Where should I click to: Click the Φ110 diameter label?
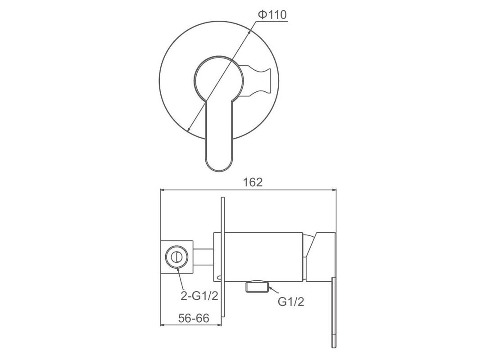(x=272, y=15)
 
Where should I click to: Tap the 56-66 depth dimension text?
(x=193, y=318)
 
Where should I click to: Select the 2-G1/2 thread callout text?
(x=199, y=296)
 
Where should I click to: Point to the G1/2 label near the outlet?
(x=291, y=301)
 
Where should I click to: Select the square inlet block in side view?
(x=176, y=257)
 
